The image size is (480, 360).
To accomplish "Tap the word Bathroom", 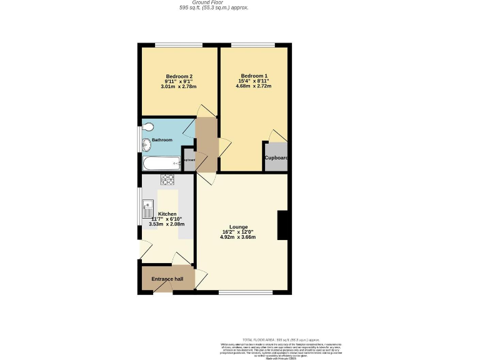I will click(x=162, y=140).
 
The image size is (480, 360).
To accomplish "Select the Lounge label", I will click(x=238, y=227).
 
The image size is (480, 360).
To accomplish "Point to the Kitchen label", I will click(x=167, y=214).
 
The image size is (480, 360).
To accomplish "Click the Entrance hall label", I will click(x=167, y=279).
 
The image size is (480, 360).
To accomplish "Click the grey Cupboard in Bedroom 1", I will click(x=276, y=157).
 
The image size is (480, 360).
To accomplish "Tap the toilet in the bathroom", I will click(x=147, y=127).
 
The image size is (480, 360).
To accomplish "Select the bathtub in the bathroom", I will click(x=161, y=164).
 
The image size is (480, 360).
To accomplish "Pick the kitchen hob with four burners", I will click(x=167, y=180).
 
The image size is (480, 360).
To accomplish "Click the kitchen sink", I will click(x=148, y=207).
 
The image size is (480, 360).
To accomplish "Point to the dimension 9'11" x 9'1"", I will click(x=179, y=82).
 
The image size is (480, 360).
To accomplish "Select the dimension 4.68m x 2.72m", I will click(x=254, y=86).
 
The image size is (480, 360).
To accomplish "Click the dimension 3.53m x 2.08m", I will click(x=167, y=224).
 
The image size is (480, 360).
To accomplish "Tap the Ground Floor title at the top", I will click(x=213, y=2).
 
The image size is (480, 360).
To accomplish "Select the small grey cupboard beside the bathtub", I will click(x=189, y=159).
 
